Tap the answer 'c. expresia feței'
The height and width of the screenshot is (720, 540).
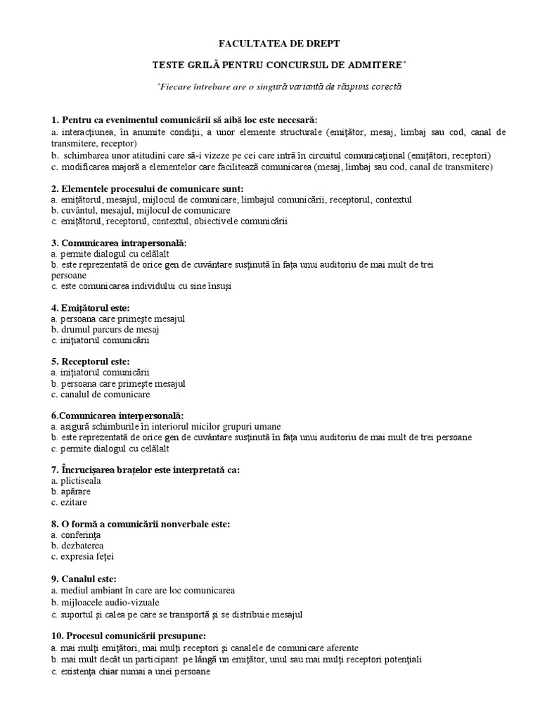(x=82, y=556)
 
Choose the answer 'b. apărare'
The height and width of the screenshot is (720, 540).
(x=75, y=491)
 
